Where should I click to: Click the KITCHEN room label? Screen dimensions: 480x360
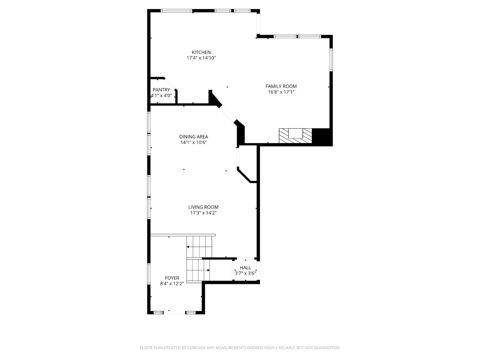tap(201, 52)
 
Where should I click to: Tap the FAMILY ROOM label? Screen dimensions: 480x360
tap(281, 86)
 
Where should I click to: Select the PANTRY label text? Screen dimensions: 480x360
tap(161, 90)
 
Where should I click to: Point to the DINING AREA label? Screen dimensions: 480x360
tap(194, 137)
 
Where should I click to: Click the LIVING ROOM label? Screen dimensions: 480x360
tap(203, 207)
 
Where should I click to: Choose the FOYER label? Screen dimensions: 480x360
tap(172, 278)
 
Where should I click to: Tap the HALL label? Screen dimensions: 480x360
tap(245, 268)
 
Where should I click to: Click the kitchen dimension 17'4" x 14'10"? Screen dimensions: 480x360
tap(201, 58)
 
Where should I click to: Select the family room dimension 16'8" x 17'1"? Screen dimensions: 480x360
tap(281, 92)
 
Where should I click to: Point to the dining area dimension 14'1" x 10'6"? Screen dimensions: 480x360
tap(194, 143)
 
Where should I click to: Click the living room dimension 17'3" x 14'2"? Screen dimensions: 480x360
tap(203, 213)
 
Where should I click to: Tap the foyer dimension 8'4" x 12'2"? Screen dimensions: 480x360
tap(172, 284)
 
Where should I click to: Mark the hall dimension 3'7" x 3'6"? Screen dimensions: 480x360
tap(245, 273)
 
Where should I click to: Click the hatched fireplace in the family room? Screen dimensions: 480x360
tap(295, 136)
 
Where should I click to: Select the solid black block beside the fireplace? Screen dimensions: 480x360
tap(322, 137)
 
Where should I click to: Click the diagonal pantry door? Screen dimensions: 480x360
tap(170, 83)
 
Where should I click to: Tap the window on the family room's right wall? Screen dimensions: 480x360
tap(331, 60)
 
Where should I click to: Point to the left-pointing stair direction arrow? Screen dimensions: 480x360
tap(199, 247)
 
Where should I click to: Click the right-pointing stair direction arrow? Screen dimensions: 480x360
tap(198, 270)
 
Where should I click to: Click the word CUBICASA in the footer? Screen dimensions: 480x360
tap(196, 348)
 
